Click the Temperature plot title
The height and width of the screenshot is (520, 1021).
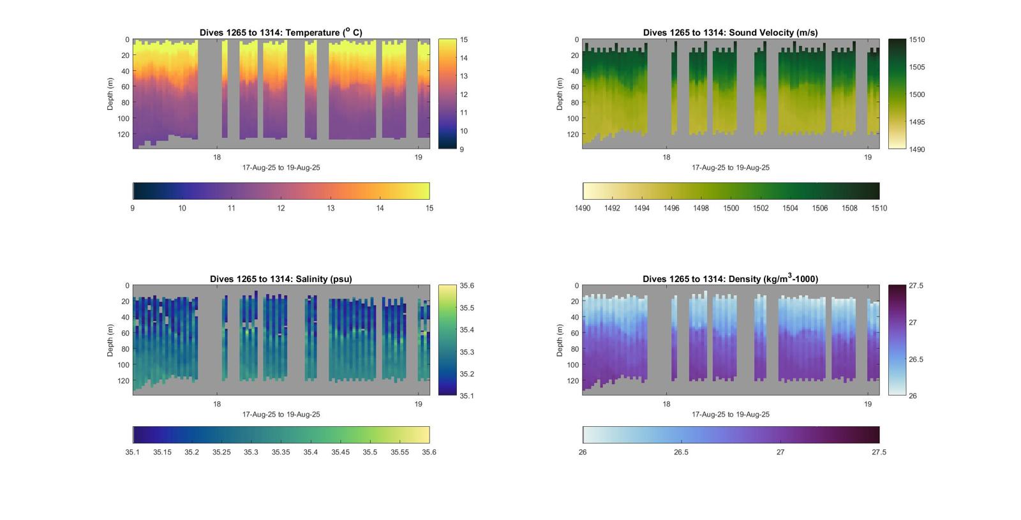281,33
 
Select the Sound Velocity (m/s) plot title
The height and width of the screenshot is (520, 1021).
730,33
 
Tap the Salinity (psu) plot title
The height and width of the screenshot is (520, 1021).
281,279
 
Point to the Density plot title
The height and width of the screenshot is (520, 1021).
730,279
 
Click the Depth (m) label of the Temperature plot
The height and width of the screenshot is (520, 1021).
110,94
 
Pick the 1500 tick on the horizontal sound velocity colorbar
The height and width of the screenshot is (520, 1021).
731,208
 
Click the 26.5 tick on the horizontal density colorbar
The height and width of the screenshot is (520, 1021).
682,452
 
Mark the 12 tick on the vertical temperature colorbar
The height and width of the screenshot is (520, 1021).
464,94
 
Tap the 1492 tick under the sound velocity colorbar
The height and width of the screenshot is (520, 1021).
612,208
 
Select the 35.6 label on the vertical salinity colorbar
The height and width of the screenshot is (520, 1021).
466,286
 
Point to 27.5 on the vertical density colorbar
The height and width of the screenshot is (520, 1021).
916,286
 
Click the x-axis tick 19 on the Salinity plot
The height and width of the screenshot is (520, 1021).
419,404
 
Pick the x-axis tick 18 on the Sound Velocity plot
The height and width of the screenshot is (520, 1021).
666,158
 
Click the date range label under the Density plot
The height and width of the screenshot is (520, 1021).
730,415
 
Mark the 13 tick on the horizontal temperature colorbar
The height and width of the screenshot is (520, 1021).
331,208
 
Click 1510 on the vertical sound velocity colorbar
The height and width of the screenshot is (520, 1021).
917,40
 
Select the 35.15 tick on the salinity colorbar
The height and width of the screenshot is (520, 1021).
162,452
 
